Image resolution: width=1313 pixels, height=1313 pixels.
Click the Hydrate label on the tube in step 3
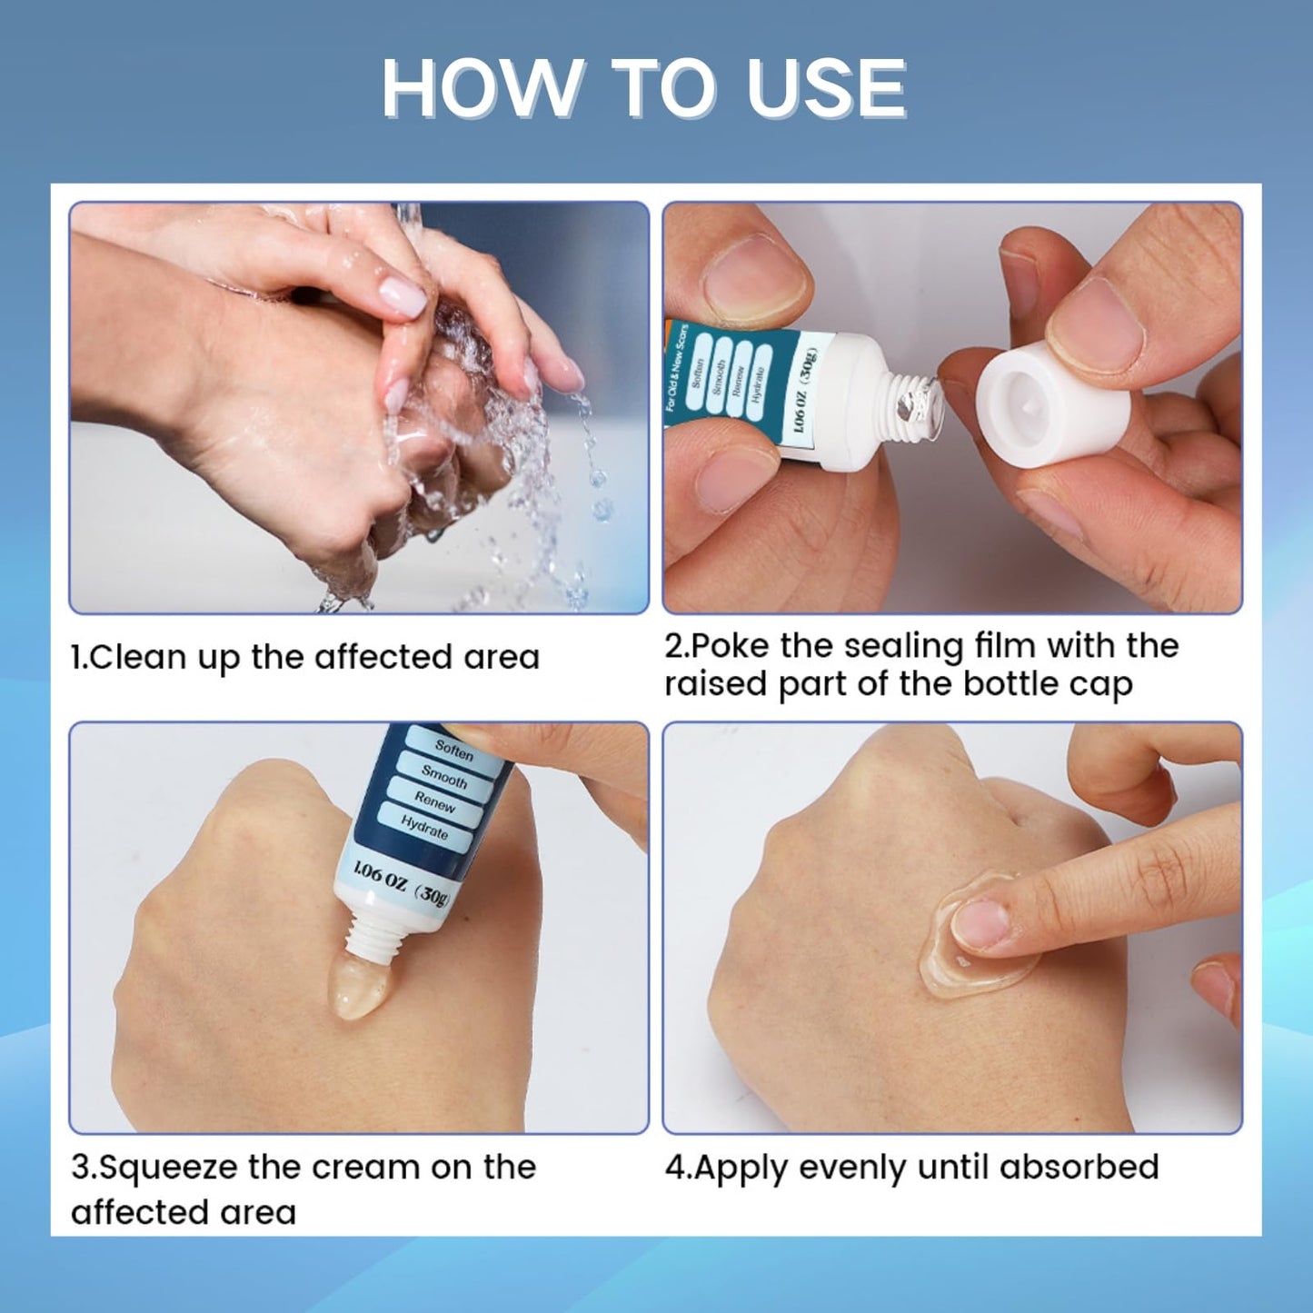[424, 828]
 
